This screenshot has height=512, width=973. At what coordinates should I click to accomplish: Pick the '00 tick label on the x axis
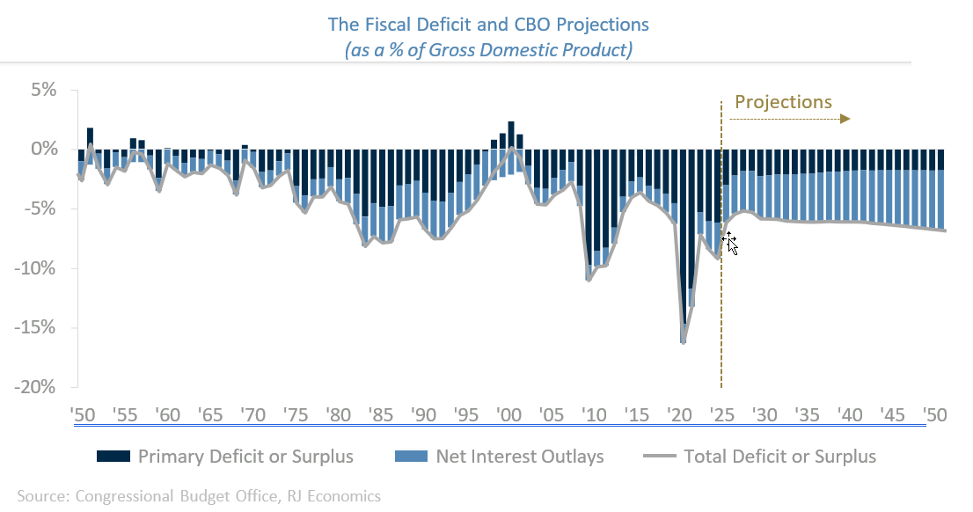pyautogui.click(x=507, y=413)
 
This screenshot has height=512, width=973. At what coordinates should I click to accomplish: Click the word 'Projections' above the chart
pyautogui.click(x=783, y=102)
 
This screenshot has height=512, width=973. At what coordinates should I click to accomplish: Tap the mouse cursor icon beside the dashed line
pyautogui.click(x=730, y=243)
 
